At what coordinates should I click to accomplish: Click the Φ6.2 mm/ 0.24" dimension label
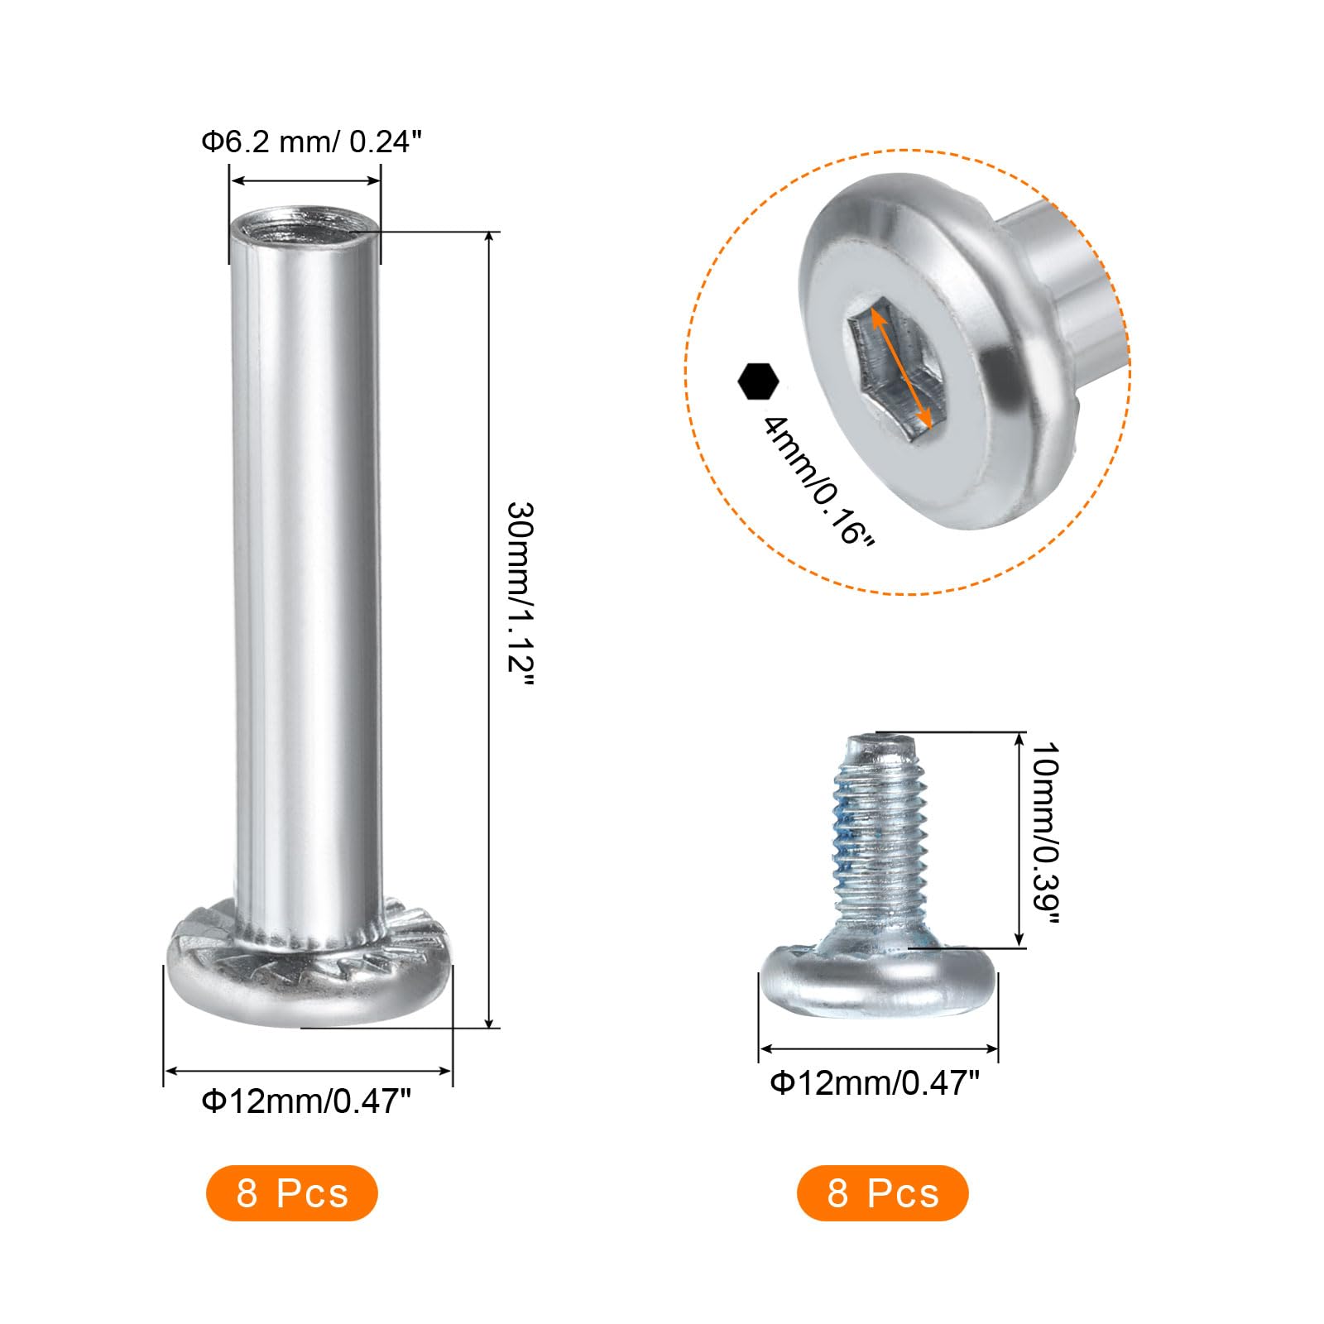pyautogui.click(x=311, y=142)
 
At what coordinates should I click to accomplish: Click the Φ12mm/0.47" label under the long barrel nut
pyautogui.click(x=306, y=1101)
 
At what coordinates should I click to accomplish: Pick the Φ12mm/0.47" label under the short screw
pyautogui.click(x=875, y=1082)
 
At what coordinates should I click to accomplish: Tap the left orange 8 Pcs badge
pyautogui.click(x=292, y=1193)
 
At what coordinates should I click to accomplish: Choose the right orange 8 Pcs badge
pyautogui.click(x=882, y=1193)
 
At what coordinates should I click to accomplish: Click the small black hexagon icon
pyautogui.click(x=758, y=381)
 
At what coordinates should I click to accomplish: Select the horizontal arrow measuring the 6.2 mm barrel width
pyautogui.click(x=305, y=181)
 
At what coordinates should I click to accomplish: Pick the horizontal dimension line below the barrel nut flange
pyautogui.click(x=308, y=1071)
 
